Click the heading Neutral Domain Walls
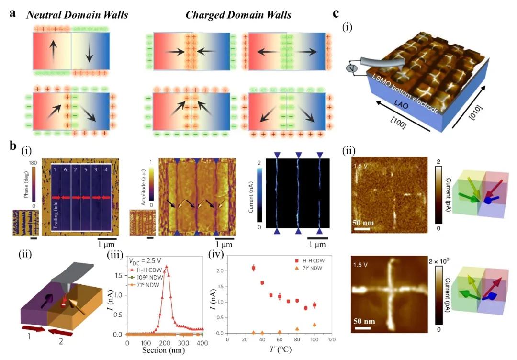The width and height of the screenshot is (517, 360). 77,14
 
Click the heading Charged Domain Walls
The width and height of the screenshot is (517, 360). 238,14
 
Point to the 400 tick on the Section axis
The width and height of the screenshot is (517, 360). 202,343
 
